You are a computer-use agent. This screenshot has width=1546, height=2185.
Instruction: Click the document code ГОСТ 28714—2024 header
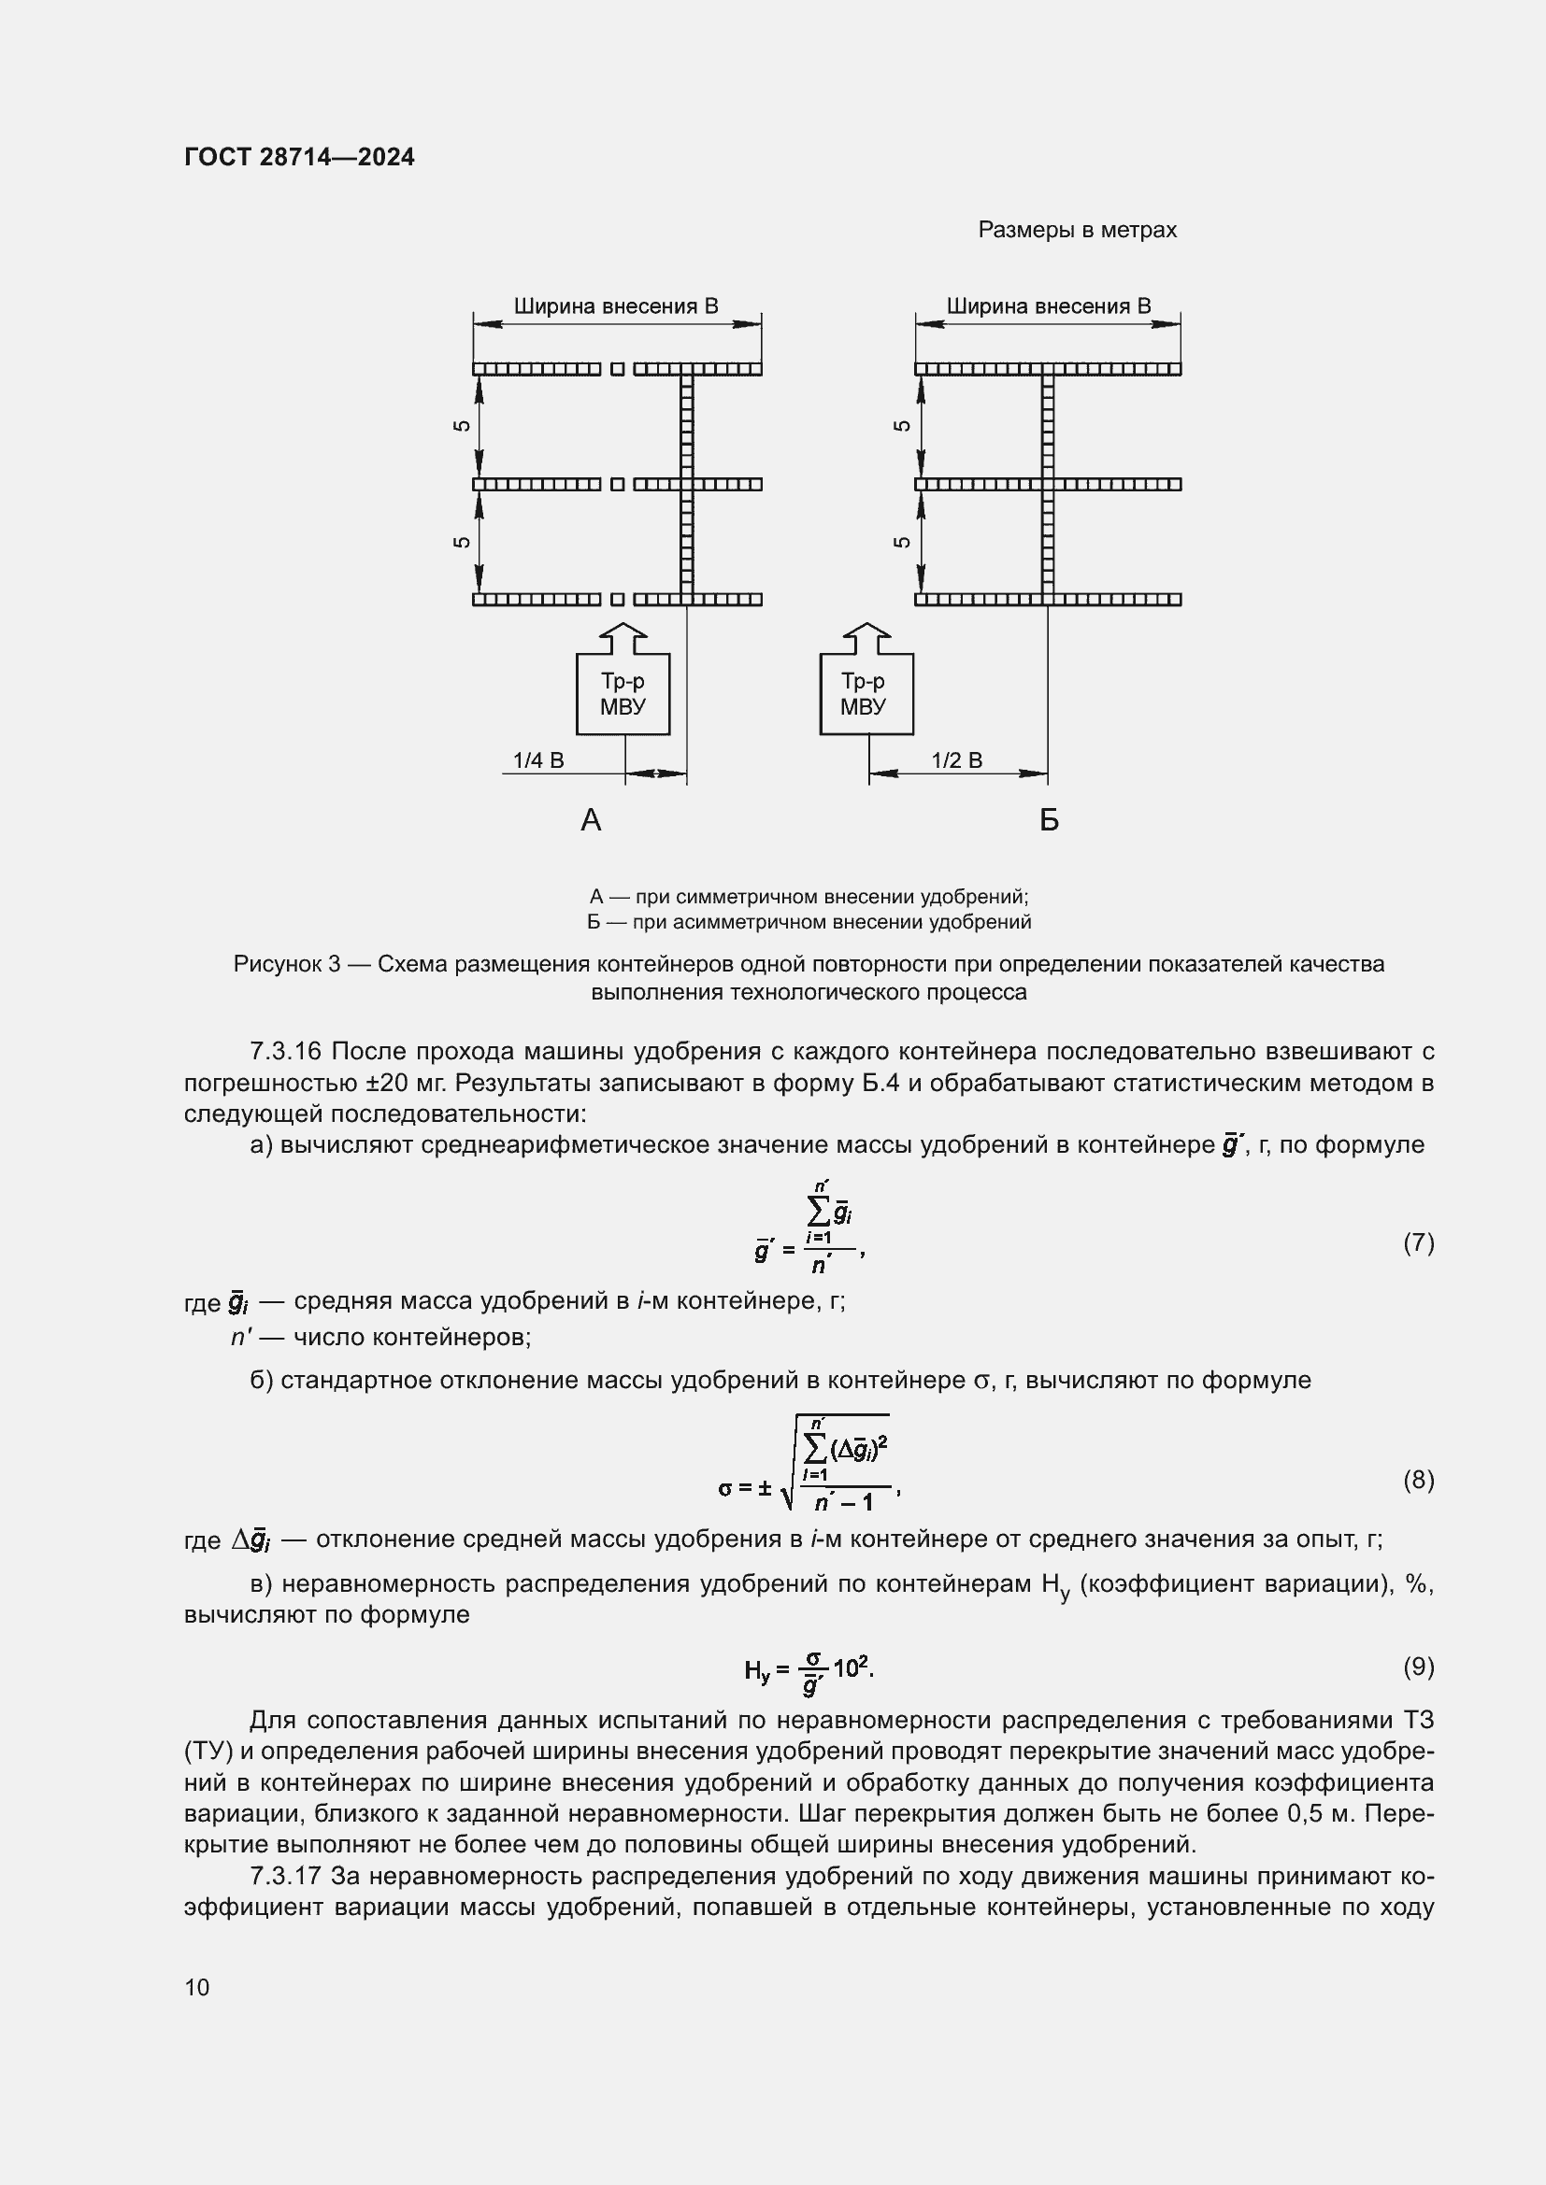point(299,157)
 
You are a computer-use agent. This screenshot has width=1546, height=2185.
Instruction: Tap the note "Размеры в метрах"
point(1077,231)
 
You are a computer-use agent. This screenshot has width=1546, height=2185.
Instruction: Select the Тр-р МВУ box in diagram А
point(623,694)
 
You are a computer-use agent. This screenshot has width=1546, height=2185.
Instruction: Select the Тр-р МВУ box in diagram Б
point(866,694)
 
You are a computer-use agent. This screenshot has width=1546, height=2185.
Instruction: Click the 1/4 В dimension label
point(537,760)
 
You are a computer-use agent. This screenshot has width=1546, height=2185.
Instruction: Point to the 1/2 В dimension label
point(956,760)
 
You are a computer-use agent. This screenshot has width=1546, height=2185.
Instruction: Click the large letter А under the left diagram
point(590,820)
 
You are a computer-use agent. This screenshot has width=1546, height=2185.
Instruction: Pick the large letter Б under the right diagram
point(1049,820)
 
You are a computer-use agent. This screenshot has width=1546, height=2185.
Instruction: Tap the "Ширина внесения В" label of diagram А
point(616,306)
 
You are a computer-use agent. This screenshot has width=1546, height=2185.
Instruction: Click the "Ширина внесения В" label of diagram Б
point(1048,306)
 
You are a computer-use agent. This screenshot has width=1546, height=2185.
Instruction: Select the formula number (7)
point(1418,1241)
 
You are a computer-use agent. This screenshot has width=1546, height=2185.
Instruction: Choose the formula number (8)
point(1418,1479)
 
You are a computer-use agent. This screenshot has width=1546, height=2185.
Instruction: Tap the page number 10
point(197,1987)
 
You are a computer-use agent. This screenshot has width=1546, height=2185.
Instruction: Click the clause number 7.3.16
point(286,1052)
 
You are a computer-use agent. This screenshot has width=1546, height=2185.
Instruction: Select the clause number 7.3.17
point(286,1876)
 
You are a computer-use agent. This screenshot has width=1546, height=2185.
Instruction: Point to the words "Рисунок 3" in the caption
point(287,964)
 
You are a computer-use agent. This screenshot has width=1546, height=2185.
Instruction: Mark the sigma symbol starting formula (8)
point(726,1487)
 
